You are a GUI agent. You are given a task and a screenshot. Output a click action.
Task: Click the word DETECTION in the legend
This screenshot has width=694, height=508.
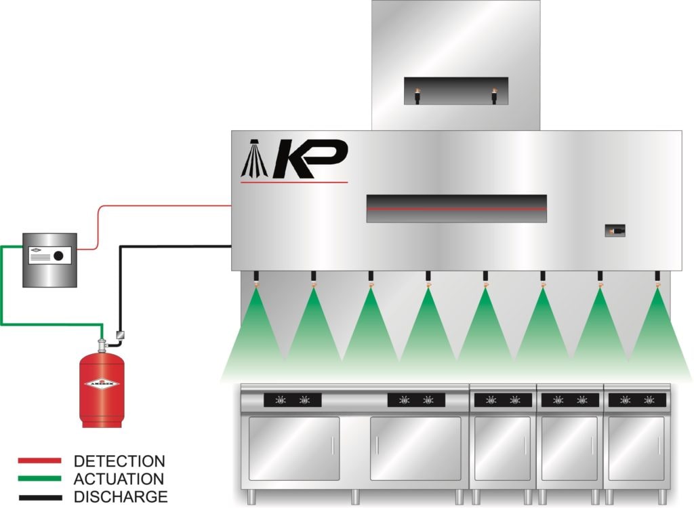click(119, 462)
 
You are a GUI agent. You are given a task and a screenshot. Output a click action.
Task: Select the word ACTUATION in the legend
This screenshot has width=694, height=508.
click(119, 479)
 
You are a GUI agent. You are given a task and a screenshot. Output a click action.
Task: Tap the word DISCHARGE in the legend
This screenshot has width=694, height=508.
click(120, 496)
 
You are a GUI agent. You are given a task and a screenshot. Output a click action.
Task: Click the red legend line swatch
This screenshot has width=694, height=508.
click(39, 462)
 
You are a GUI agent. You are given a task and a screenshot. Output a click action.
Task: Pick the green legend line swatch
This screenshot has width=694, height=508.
click(39, 479)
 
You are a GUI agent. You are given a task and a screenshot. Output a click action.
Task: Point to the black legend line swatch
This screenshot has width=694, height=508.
click(39, 496)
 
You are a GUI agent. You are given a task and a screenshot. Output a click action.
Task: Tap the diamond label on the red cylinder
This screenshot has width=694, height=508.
click(102, 384)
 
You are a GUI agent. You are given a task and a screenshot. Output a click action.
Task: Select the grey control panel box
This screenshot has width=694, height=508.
click(49, 259)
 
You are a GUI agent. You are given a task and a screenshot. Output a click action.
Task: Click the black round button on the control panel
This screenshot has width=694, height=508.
click(59, 256)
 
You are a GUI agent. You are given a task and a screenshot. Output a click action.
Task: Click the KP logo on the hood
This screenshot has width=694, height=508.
click(295, 159)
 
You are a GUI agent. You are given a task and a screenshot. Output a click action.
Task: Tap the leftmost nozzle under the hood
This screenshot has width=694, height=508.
click(256, 278)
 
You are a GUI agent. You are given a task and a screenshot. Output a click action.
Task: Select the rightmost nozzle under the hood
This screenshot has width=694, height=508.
click(657, 278)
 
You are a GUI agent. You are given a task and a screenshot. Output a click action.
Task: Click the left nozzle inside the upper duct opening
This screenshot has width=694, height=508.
click(417, 96)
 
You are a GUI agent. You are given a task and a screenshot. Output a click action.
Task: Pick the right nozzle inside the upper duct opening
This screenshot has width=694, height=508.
click(494, 96)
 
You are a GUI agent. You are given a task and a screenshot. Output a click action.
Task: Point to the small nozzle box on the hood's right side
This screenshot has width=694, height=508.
click(615, 231)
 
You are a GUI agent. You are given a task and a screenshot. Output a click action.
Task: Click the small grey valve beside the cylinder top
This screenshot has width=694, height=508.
click(119, 334)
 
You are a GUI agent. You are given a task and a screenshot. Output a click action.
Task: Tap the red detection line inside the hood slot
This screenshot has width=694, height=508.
click(456, 209)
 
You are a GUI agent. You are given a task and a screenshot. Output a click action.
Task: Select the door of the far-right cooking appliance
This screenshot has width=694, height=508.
click(636, 448)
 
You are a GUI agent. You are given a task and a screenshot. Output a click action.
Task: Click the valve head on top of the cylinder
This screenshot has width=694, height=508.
click(102, 346)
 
